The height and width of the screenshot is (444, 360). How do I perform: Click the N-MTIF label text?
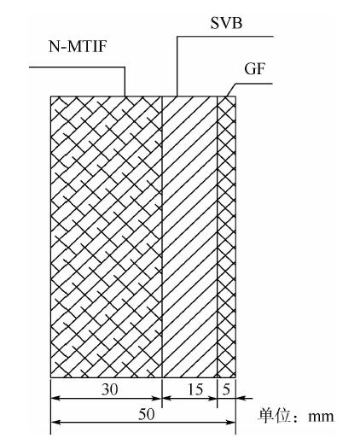click(x=78, y=46)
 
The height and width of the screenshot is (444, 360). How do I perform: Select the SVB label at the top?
click(x=226, y=23)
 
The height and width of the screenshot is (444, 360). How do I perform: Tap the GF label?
click(x=254, y=68)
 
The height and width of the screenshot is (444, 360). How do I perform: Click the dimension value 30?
click(x=109, y=389)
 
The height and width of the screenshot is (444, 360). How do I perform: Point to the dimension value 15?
click(x=195, y=389)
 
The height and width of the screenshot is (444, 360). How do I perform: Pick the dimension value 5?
click(x=226, y=389)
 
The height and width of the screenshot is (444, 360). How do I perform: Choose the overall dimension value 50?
click(x=147, y=414)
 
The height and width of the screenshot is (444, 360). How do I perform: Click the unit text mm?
click(x=321, y=417)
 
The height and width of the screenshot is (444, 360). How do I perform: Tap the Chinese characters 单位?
click(x=274, y=416)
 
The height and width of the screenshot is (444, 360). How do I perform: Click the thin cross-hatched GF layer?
click(x=226, y=237)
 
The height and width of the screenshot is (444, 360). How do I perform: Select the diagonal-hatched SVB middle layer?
click(x=189, y=237)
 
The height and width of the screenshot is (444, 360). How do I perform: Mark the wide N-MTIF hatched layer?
click(x=106, y=237)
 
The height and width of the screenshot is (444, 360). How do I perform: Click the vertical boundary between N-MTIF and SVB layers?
click(x=162, y=237)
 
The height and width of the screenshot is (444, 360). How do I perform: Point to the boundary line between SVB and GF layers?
click(x=217, y=237)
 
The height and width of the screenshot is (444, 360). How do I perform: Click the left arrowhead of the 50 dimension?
click(x=55, y=423)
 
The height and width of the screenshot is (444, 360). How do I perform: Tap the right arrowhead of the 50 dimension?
click(x=230, y=423)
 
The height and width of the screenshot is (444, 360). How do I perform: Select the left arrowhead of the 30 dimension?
click(x=55, y=398)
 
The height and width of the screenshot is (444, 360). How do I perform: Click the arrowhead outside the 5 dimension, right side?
click(x=241, y=398)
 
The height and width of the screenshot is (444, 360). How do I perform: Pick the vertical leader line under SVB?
click(x=177, y=67)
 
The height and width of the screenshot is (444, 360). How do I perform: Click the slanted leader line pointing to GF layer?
click(x=231, y=90)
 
